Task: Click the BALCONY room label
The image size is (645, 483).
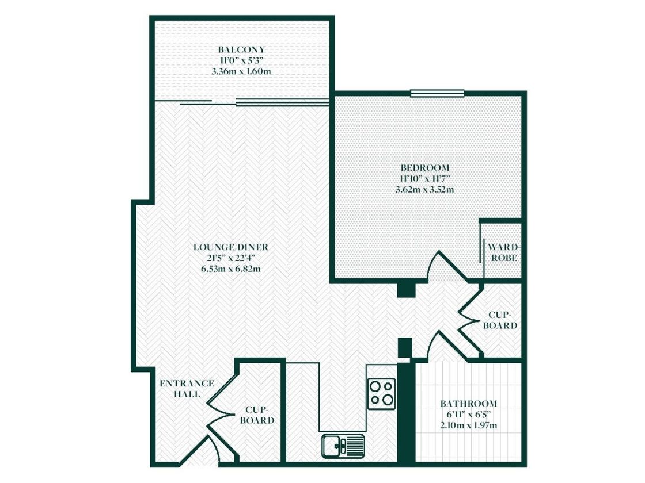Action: (x=241, y=49)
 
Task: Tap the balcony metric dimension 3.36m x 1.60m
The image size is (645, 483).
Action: (x=241, y=72)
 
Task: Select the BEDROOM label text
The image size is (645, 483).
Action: (x=425, y=167)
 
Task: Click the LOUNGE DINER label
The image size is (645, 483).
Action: (x=231, y=247)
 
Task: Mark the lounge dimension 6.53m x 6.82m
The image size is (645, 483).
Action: (x=231, y=269)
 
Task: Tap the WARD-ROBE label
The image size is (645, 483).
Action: (x=502, y=252)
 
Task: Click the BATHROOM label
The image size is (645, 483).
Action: (x=468, y=404)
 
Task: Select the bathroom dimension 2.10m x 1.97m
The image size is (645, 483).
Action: (x=468, y=425)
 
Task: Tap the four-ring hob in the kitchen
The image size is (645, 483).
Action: (x=382, y=393)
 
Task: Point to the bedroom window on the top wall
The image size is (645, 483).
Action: (x=437, y=93)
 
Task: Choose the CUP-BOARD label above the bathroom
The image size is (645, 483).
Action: (x=499, y=320)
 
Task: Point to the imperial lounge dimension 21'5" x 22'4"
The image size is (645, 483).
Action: (x=231, y=258)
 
